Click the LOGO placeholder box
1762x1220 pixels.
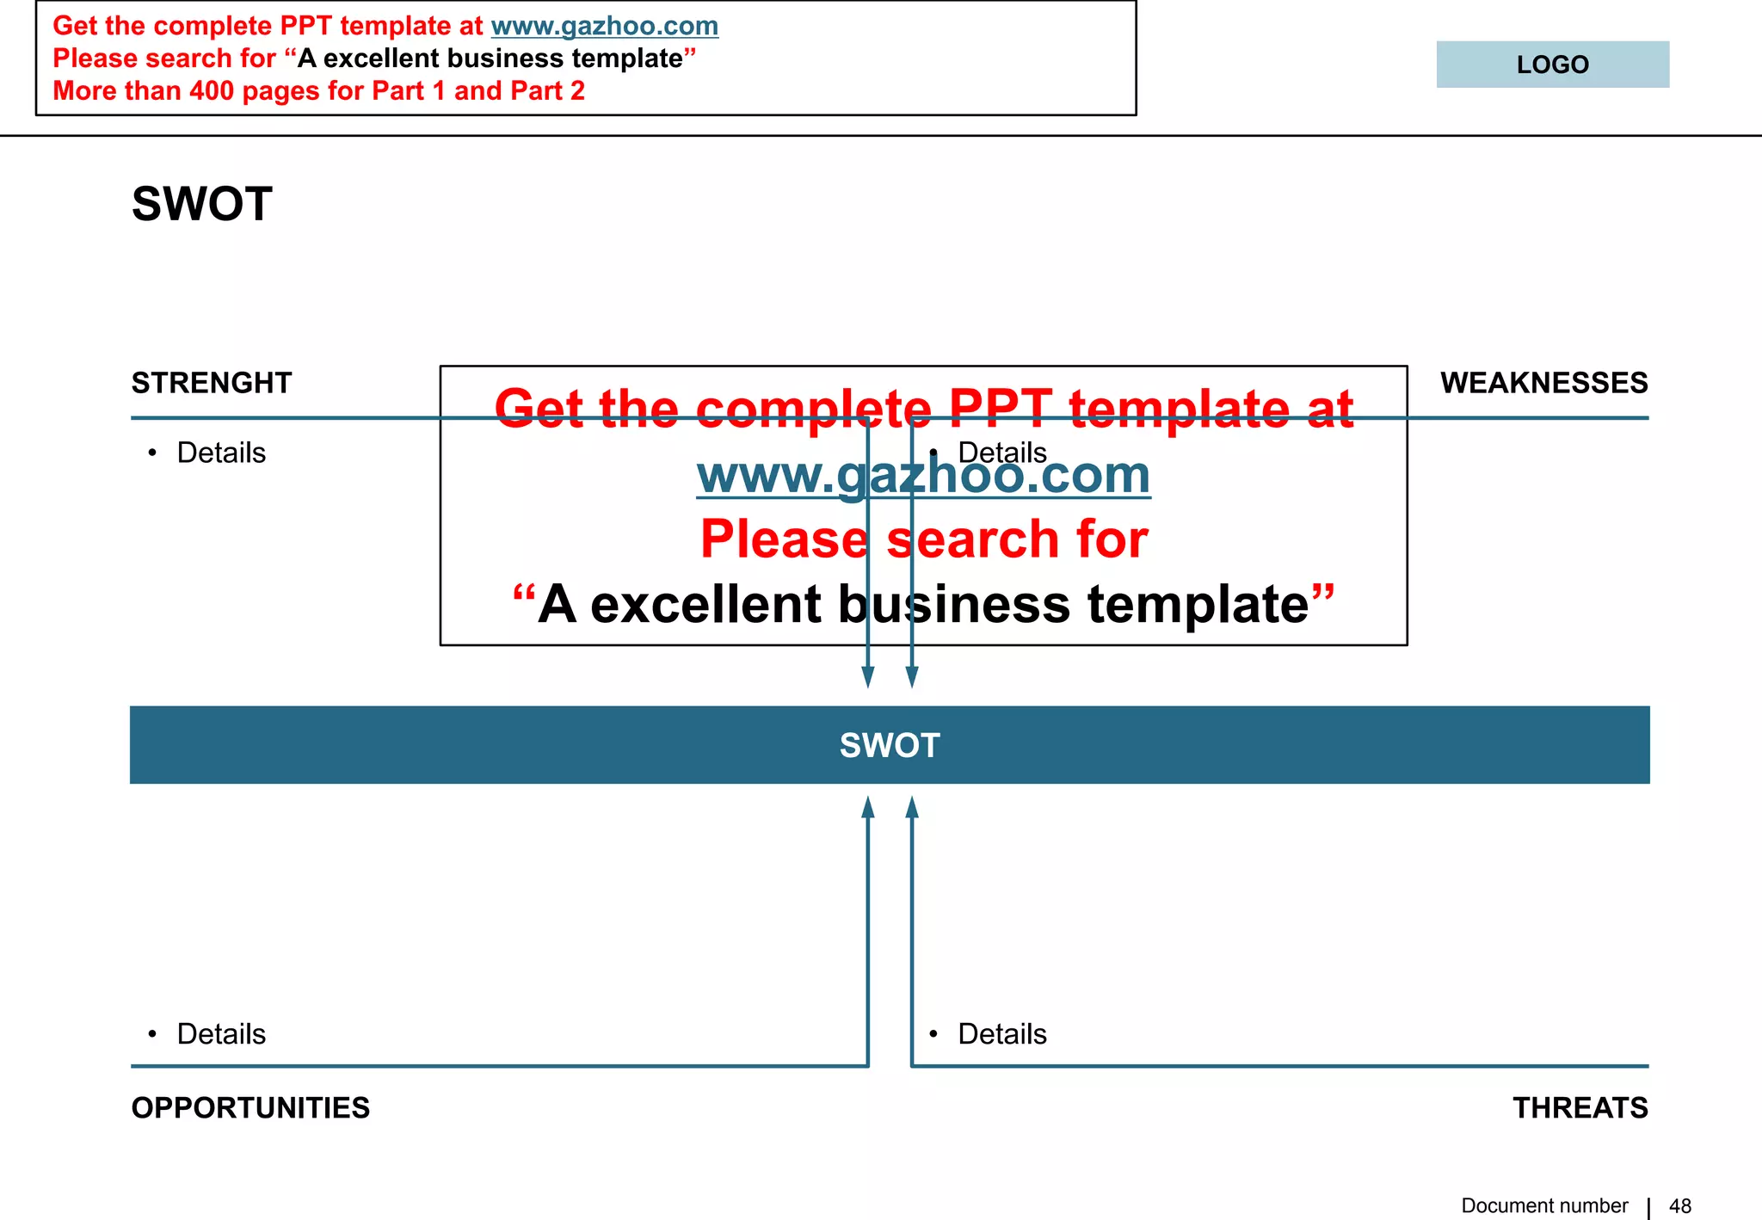coord(1552,65)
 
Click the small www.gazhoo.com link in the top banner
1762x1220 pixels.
coord(604,26)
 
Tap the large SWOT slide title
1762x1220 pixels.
coord(202,204)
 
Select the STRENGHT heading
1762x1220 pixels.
coord(212,383)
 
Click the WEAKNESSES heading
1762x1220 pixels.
coord(1543,383)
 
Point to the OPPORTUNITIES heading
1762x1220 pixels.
coord(250,1107)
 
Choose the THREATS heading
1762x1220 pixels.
coord(1580,1107)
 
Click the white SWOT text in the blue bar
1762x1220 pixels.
coord(890,745)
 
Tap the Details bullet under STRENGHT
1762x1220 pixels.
coord(221,453)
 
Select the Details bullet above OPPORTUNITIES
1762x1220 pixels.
coord(221,1033)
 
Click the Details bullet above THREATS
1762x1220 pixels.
coord(1001,1033)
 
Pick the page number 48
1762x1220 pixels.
coord(1679,1206)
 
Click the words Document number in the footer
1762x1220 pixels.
coord(1544,1206)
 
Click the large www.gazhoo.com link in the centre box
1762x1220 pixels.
coord(923,475)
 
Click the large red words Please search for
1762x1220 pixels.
coord(923,539)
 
